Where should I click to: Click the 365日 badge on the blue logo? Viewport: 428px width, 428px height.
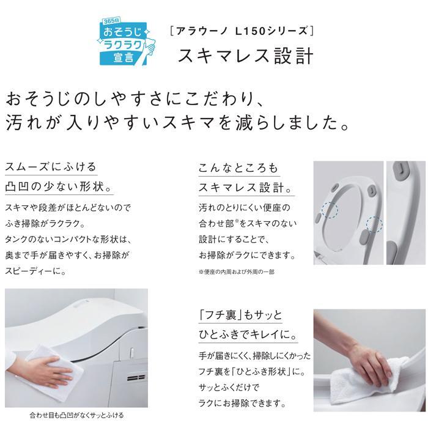click(111, 21)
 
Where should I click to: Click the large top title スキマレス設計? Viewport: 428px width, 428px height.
click(245, 56)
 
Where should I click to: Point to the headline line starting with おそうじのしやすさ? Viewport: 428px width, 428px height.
click(135, 99)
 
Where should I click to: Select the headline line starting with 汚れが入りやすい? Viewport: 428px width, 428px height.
click(177, 122)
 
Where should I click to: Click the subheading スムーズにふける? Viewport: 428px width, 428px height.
click(51, 167)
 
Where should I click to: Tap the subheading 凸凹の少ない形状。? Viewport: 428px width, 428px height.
click(59, 186)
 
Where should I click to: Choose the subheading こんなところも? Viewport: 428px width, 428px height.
click(238, 168)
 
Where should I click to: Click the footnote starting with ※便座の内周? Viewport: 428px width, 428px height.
click(237, 272)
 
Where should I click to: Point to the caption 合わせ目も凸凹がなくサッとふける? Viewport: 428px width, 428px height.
click(76, 415)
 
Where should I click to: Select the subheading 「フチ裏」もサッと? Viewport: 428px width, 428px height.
click(240, 315)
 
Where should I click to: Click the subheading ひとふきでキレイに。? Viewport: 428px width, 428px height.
click(248, 334)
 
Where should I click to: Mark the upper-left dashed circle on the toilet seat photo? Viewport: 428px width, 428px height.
click(330, 210)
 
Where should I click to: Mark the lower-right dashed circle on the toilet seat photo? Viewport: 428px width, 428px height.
click(374, 224)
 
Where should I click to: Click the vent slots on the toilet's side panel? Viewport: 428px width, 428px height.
click(136, 378)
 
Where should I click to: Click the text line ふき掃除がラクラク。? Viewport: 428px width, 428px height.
click(45, 224)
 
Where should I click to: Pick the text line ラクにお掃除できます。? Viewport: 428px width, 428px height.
click(242, 403)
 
